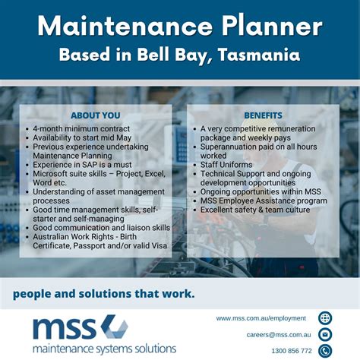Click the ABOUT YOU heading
(95, 115)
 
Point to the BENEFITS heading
(263, 115)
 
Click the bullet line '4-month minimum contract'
(81, 129)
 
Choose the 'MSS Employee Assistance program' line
(264, 201)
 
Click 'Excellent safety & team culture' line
(255, 210)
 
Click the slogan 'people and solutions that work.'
(103, 292)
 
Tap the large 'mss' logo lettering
(65, 328)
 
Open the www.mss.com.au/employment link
(261, 318)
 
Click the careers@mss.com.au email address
(279, 334)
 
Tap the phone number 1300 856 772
(291, 351)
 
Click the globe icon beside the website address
(325, 318)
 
